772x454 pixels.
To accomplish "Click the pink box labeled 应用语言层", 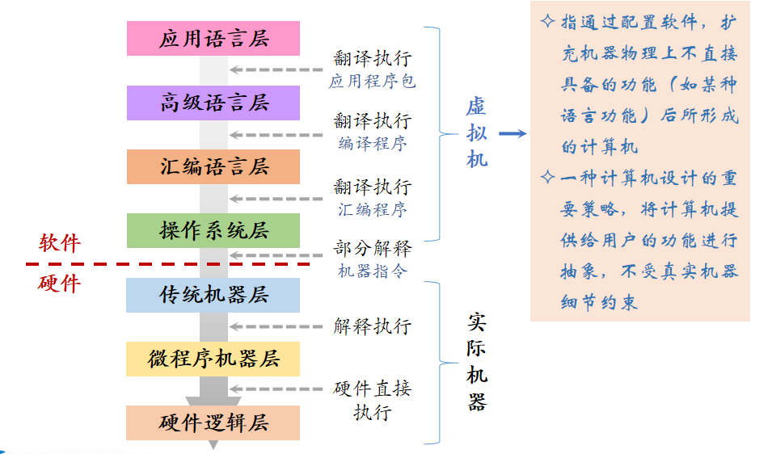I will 213,39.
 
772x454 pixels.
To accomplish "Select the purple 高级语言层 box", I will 213,103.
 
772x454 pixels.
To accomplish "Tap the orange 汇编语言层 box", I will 213,167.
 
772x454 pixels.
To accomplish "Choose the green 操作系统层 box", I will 213,231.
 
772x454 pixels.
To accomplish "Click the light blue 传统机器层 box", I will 213,295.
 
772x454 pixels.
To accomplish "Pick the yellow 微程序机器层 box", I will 213,359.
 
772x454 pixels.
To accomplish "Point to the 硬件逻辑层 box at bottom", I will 213,422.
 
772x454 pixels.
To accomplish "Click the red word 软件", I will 60,243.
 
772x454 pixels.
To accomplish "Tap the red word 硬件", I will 60,284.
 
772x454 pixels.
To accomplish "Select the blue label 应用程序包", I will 372,82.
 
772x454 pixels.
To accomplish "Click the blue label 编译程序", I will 372,144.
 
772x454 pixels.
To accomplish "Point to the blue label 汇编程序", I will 372,210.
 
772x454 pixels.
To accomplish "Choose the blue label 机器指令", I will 372,271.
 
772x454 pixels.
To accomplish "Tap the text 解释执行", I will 372,326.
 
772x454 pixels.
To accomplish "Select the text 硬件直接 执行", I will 372,400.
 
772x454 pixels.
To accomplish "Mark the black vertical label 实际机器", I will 477,363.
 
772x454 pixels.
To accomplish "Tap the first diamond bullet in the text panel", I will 547,22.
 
